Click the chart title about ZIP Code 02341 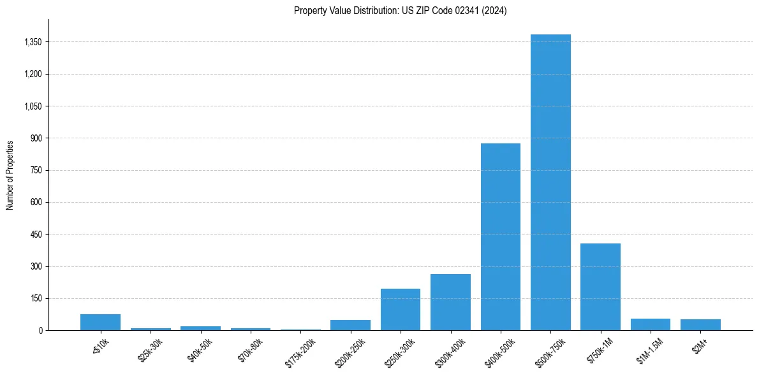(x=400, y=11)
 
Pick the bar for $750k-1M (x=600, y=287)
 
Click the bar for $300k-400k (x=450, y=302)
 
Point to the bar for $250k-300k (x=401, y=310)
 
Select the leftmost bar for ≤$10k (x=100, y=322)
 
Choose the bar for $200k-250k (x=350, y=325)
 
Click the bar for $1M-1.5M (x=651, y=324)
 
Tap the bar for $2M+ (x=700, y=325)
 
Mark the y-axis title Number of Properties (x=10, y=175)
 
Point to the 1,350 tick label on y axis (x=32, y=42)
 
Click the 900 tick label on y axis (x=36, y=138)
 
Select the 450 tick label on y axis (x=36, y=235)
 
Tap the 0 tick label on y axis (x=40, y=331)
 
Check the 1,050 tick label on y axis (x=32, y=106)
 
